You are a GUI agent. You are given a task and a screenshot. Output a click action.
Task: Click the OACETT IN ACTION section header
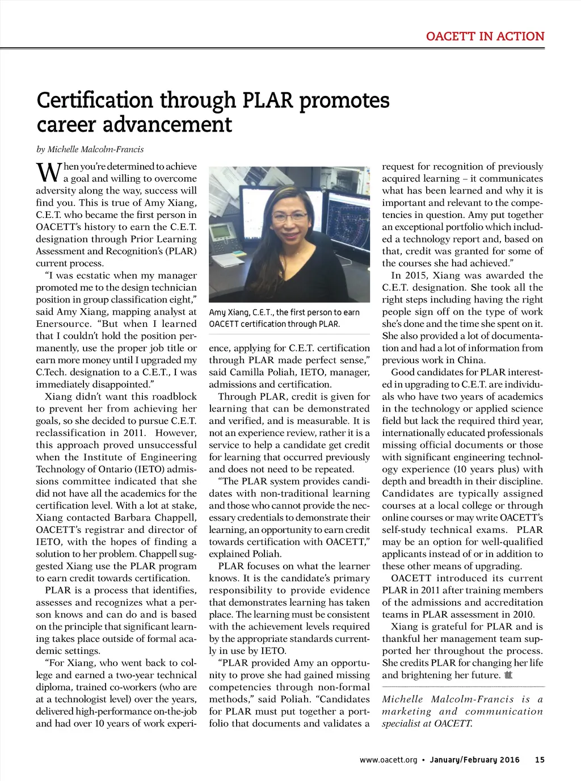pyautogui.click(x=485, y=36)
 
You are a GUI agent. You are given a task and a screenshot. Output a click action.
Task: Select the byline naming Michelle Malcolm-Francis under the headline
pyautogui.click(x=90, y=149)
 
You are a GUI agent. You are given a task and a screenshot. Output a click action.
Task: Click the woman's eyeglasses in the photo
pyautogui.click(x=289, y=216)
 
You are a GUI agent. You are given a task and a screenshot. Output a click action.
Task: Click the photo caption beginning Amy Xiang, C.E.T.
pyautogui.click(x=284, y=318)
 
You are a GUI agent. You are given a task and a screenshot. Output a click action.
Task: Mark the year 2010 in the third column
pyautogui.click(x=521, y=614)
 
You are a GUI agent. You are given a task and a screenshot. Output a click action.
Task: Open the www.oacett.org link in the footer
pyautogui.click(x=388, y=759)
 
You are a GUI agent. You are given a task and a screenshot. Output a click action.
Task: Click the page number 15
pyautogui.click(x=540, y=759)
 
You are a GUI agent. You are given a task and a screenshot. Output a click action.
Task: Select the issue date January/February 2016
pyautogui.click(x=474, y=759)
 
